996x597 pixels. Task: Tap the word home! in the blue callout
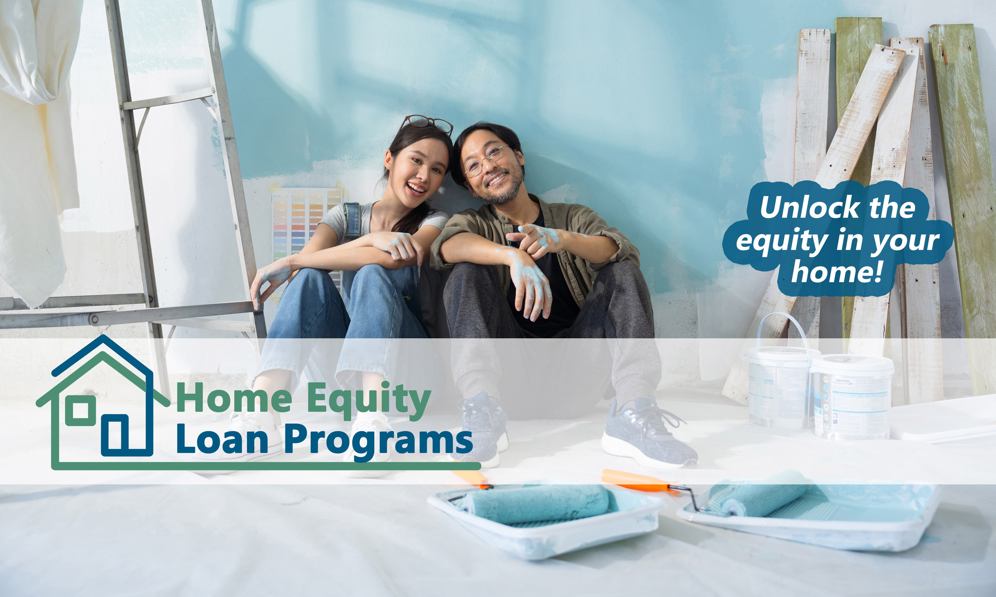point(837,272)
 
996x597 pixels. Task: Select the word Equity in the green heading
point(370,400)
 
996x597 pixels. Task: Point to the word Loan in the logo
point(222,439)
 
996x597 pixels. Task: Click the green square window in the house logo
point(81,410)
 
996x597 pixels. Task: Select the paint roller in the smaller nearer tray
point(537,504)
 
